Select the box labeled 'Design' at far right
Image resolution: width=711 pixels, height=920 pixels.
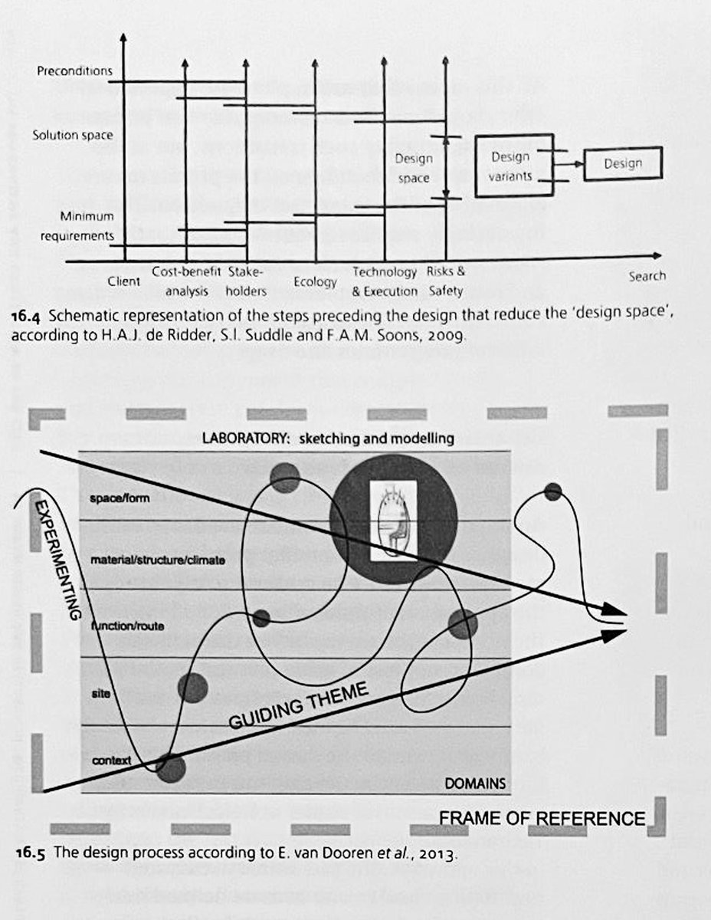tap(622, 163)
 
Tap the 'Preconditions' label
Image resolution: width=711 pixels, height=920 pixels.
tap(74, 71)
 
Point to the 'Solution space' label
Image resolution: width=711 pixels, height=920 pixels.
tap(73, 136)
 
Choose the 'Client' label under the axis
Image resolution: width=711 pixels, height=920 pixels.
tap(123, 281)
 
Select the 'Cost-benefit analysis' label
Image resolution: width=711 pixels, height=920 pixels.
tap(185, 281)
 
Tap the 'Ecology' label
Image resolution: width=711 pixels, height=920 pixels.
tap(315, 282)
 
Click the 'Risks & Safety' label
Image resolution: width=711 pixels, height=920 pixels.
tap(446, 281)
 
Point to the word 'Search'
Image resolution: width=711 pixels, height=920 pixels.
tap(647, 276)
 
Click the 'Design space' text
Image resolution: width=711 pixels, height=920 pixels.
tap(414, 168)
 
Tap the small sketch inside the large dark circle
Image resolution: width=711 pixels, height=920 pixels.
tap(393, 519)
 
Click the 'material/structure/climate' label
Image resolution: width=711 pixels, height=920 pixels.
tap(158, 560)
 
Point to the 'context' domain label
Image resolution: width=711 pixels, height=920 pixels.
tap(111, 761)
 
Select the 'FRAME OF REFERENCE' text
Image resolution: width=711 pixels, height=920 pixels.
tap(542, 818)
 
